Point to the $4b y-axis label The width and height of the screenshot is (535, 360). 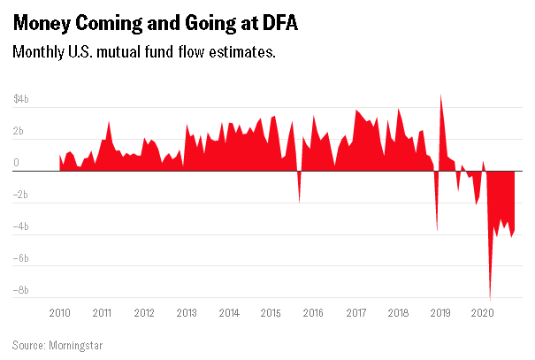21,100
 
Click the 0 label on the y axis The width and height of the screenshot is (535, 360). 17,164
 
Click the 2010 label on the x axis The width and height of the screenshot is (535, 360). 60,313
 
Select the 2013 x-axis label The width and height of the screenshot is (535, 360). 187,313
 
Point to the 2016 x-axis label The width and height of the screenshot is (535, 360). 314,313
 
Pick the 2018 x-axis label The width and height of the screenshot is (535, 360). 399,313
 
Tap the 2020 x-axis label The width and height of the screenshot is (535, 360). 483,313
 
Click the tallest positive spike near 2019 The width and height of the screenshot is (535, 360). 441,96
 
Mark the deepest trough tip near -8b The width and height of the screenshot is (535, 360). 491,299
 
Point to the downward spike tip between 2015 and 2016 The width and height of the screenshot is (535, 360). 299,203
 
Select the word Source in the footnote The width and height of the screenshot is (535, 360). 30,344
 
